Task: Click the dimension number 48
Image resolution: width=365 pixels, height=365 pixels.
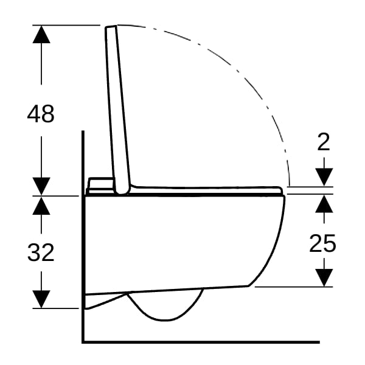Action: (41, 114)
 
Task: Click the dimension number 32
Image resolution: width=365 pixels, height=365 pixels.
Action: (41, 252)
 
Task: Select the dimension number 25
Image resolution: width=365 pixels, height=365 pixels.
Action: (322, 243)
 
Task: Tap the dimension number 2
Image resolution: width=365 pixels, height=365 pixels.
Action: (324, 142)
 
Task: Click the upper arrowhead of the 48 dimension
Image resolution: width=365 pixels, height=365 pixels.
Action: (41, 34)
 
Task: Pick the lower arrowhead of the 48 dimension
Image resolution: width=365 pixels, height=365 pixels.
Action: (41, 186)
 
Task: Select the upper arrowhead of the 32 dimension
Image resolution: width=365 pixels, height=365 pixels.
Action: (41, 206)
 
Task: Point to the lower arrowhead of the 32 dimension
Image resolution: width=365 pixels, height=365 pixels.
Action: (41, 299)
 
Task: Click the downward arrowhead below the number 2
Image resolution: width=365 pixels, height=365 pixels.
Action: (324, 177)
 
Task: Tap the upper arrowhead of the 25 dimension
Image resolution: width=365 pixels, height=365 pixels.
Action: (324, 204)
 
